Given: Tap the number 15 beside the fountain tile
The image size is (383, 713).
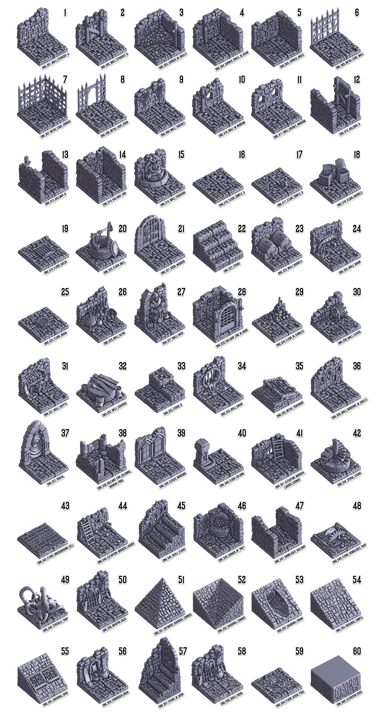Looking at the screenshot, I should pos(181,154).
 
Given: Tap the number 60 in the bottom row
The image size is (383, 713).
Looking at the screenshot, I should pos(357,651).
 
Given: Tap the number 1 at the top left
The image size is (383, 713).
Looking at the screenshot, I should pos(65,12).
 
